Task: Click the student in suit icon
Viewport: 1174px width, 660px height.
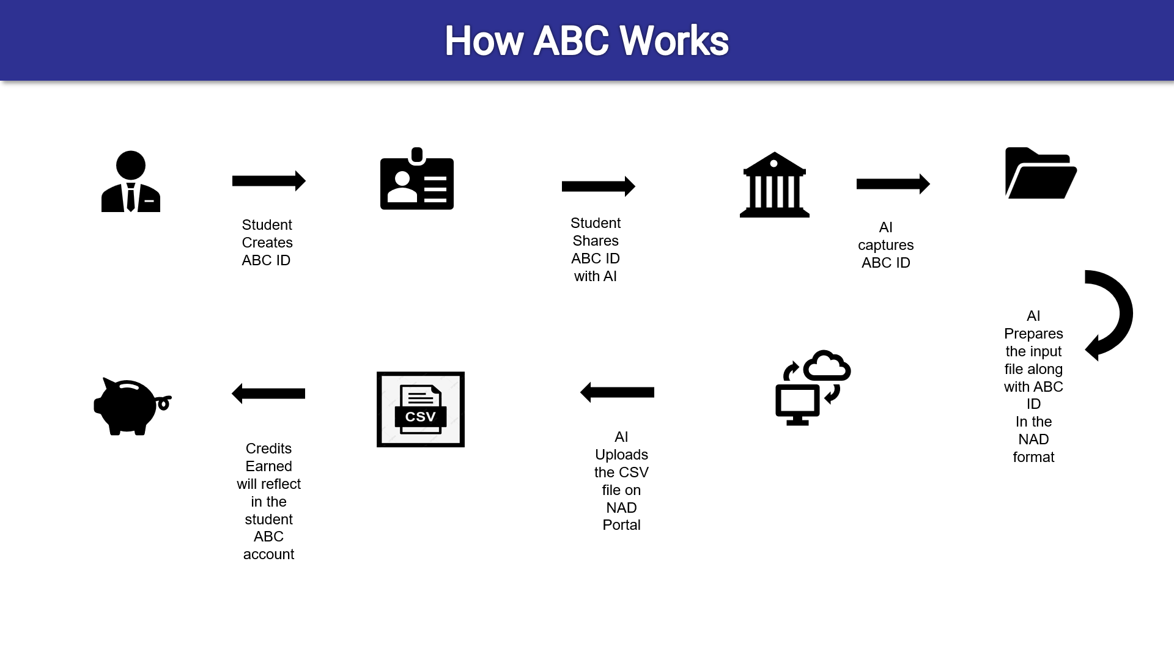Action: click(131, 182)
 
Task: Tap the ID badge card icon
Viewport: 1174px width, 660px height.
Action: click(417, 178)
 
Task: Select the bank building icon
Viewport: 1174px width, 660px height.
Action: click(775, 185)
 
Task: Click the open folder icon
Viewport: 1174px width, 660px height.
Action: click(1041, 173)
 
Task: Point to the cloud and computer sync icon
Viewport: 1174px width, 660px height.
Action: click(813, 387)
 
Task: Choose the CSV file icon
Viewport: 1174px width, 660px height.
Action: click(421, 409)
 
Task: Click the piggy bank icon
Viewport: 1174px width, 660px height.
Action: click(132, 406)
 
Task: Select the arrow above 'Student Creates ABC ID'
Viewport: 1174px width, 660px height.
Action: click(269, 181)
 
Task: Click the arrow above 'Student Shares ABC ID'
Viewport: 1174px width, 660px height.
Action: click(599, 186)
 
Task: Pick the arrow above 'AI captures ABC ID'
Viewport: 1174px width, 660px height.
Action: click(893, 184)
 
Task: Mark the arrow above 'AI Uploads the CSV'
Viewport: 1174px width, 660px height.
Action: click(617, 392)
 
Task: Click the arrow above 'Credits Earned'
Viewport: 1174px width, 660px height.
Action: click(268, 394)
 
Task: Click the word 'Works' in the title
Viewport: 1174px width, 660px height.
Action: click(674, 41)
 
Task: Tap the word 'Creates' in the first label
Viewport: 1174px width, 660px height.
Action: click(267, 243)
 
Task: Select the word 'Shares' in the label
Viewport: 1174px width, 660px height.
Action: click(596, 241)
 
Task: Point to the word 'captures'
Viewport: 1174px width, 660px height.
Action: click(886, 246)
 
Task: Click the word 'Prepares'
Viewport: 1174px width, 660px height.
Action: click(1033, 334)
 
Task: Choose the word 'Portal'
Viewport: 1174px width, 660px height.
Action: click(621, 525)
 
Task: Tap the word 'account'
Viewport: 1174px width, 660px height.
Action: click(269, 554)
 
